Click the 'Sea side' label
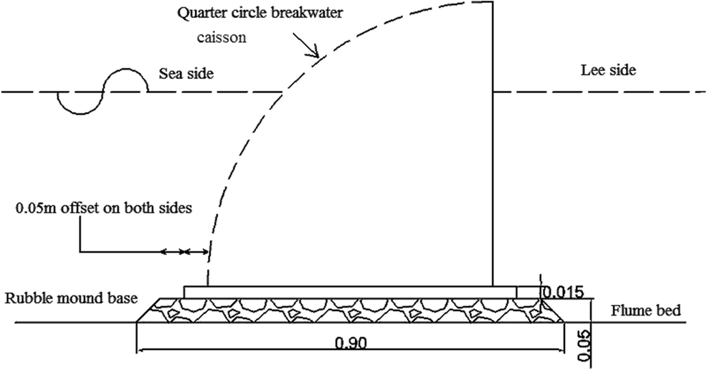click(186, 73)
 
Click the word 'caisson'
click(222, 37)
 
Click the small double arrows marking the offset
click(185, 252)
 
